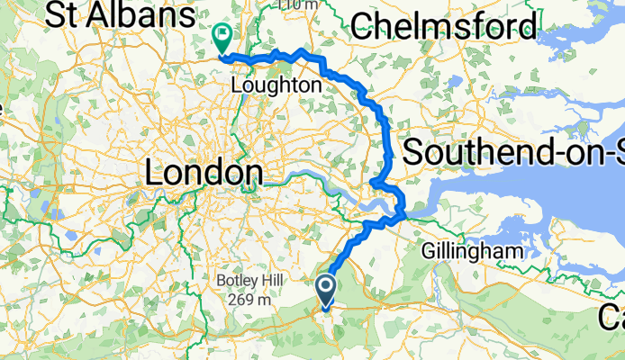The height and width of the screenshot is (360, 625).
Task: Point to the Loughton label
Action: (276, 85)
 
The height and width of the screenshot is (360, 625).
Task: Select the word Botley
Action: (229, 281)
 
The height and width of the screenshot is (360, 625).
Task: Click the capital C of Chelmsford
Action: (363, 27)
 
